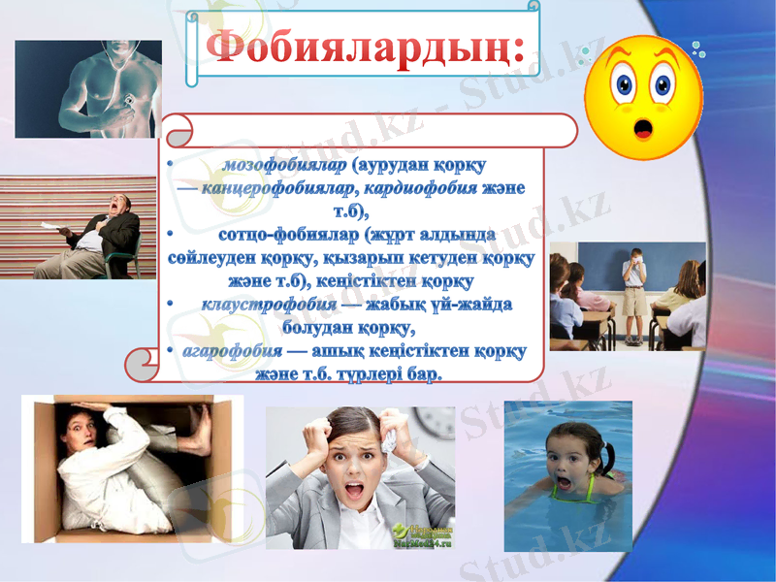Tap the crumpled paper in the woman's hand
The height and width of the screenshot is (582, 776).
[389, 441]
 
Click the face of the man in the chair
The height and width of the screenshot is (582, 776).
[118, 205]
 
